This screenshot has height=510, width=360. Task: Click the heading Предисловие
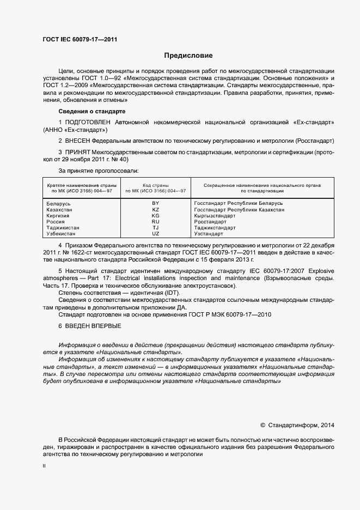click(188, 56)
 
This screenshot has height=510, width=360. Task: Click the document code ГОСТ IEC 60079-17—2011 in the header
click(80, 39)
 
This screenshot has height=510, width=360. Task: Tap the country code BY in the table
click(156, 203)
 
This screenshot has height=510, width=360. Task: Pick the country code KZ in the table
click(156, 209)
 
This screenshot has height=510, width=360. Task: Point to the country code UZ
click(156, 234)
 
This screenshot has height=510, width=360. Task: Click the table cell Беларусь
click(59, 203)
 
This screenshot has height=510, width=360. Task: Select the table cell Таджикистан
click(63, 228)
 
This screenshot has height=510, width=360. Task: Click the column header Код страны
click(156, 185)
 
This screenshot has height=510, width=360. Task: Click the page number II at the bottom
click(44, 466)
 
